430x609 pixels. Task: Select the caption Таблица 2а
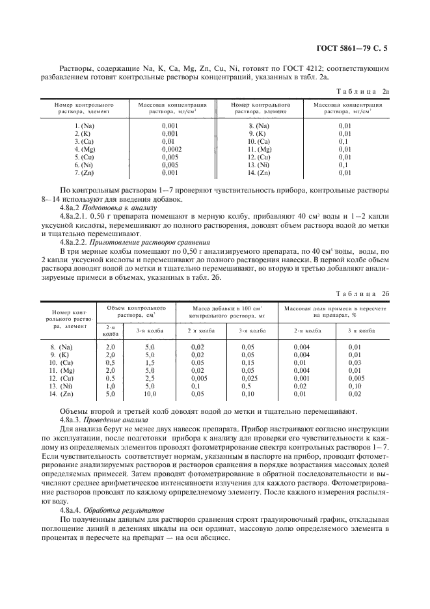click(366, 93)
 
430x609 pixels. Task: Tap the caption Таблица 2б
click(366, 275)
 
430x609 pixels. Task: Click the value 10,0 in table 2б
click(149, 394)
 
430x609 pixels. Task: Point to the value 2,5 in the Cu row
click(149, 379)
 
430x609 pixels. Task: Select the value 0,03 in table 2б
click(355, 363)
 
